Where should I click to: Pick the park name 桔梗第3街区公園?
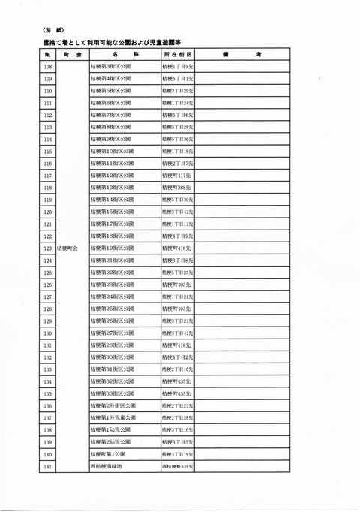109,66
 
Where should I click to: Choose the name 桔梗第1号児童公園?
112,417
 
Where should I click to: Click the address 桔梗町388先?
173,187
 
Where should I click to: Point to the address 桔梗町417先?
173,175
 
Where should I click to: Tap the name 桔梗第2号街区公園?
112,405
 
